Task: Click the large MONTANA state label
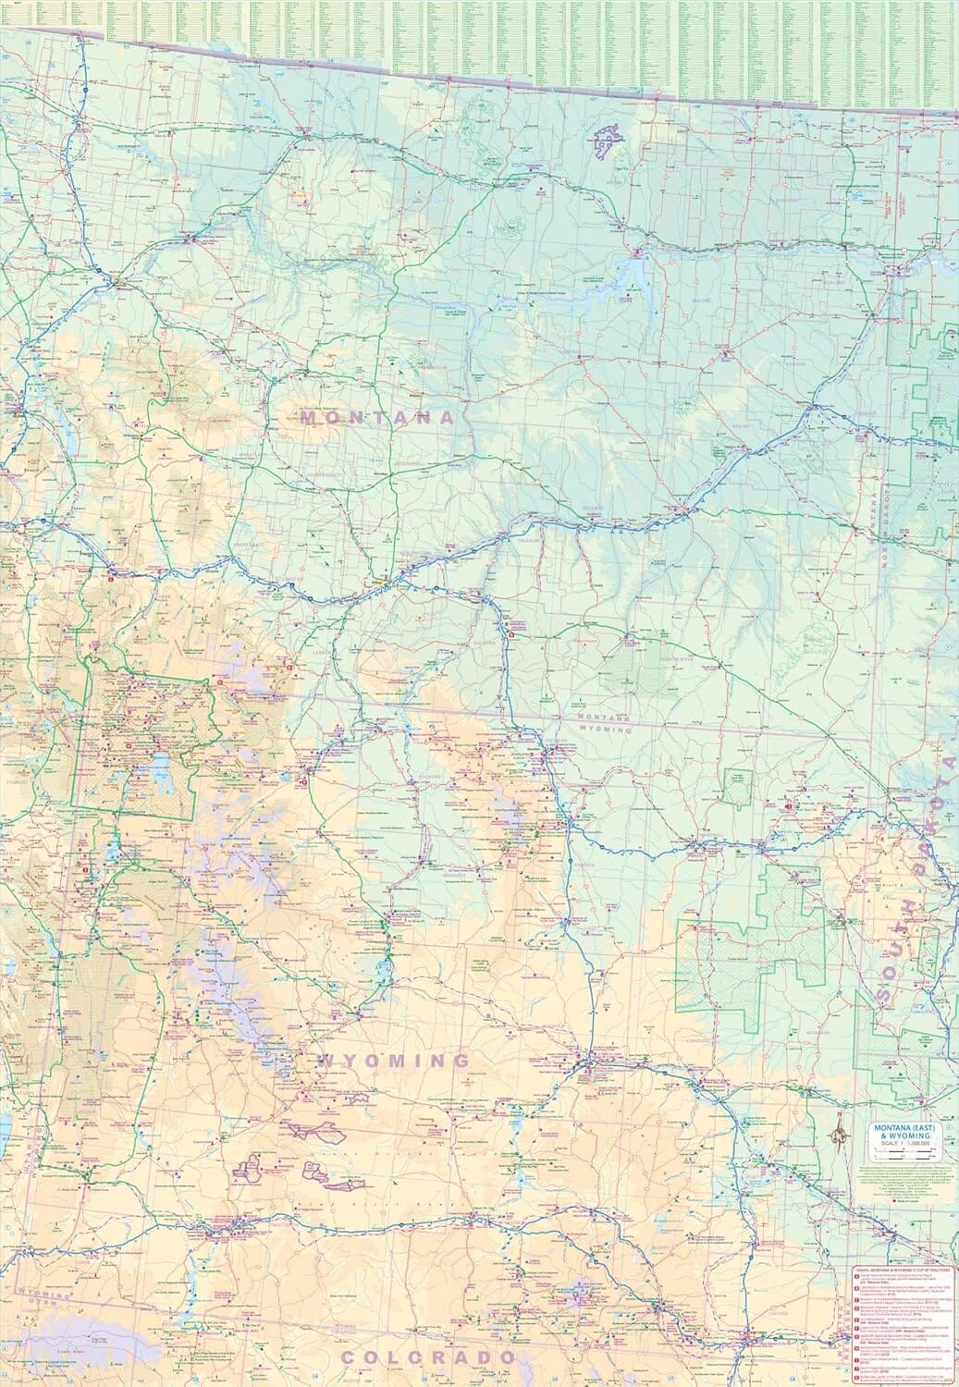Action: (x=379, y=418)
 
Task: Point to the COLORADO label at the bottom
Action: (x=429, y=1356)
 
